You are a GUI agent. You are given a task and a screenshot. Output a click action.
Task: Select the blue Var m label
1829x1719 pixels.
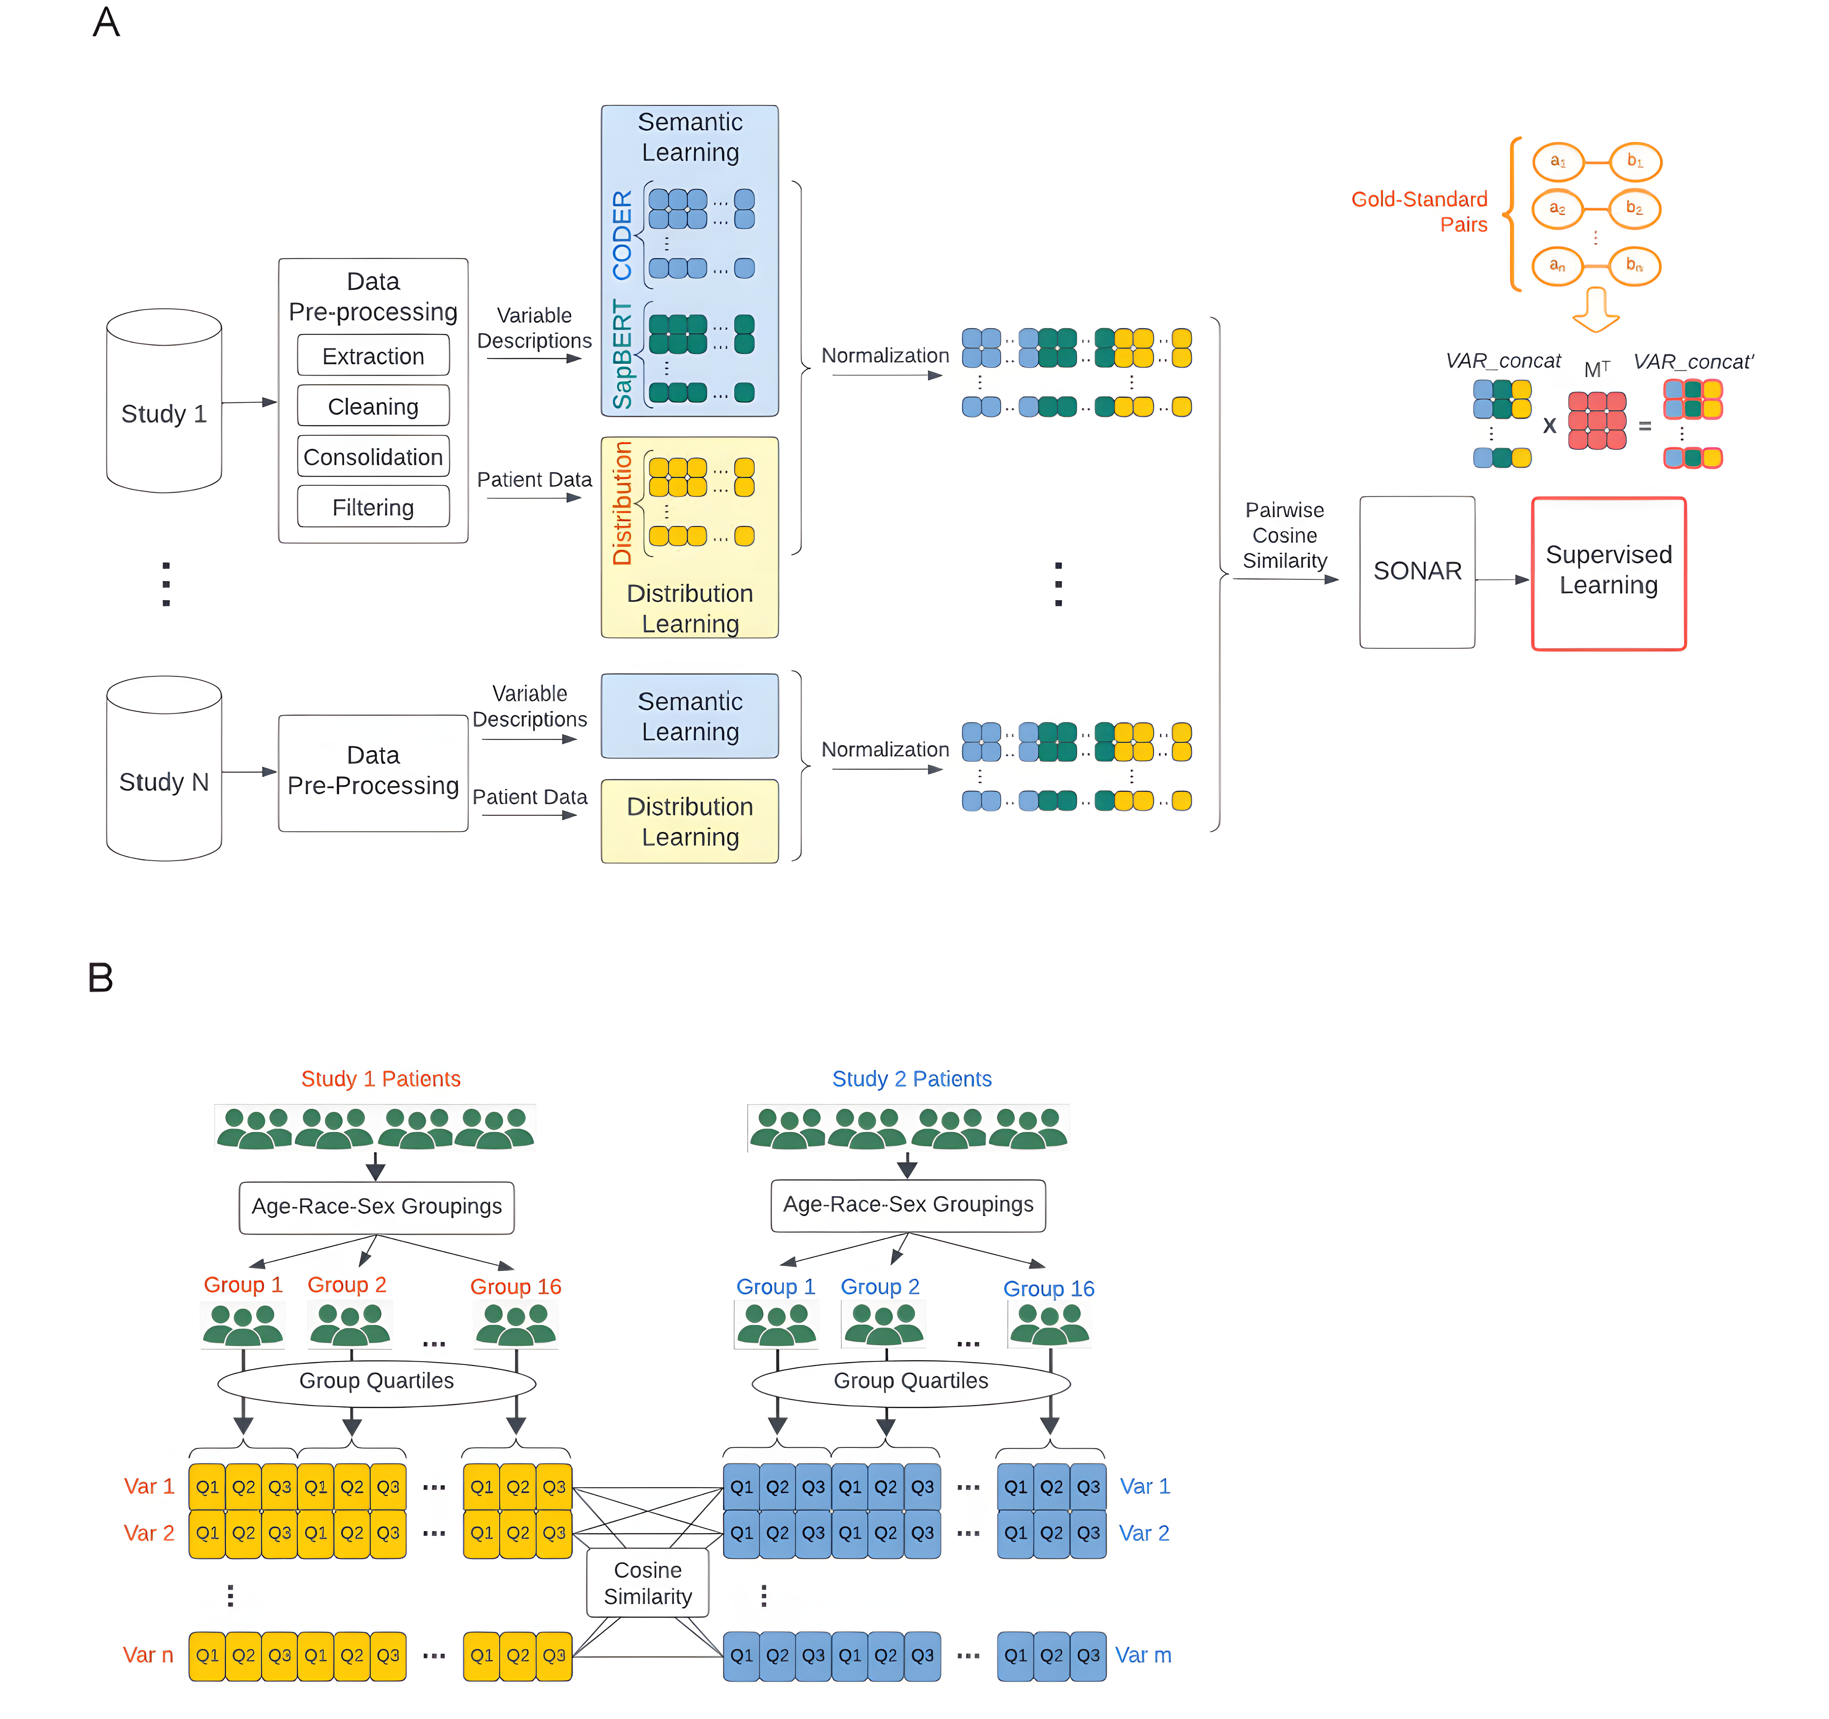(1143, 1655)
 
